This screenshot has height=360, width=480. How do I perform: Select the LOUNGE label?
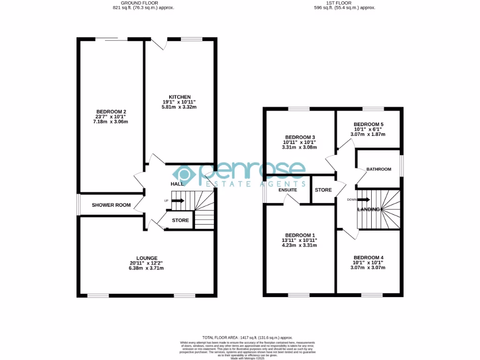click(x=147, y=258)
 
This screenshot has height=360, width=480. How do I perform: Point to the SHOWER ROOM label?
click(x=111, y=205)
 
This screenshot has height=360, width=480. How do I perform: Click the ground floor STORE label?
click(x=180, y=220)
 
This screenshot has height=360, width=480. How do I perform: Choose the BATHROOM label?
click(x=379, y=169)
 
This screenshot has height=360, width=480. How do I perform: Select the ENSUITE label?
click(x=287, y=190)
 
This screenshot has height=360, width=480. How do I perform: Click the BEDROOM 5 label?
click(x=367, y=125)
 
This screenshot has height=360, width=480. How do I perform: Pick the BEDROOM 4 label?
click(x=368, y=258)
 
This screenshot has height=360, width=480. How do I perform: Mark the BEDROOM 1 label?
click(x=300, y=235)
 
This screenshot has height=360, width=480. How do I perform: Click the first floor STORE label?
click(x=323, y=190)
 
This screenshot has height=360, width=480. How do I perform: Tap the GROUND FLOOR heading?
click(x=143, y=3)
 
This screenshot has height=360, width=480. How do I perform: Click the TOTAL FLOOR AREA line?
click(x=247, y=337)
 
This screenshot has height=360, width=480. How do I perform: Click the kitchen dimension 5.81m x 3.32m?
click(x=180, y=107)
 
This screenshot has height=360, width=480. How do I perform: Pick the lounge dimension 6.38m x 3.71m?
click(x=147, y=268)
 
